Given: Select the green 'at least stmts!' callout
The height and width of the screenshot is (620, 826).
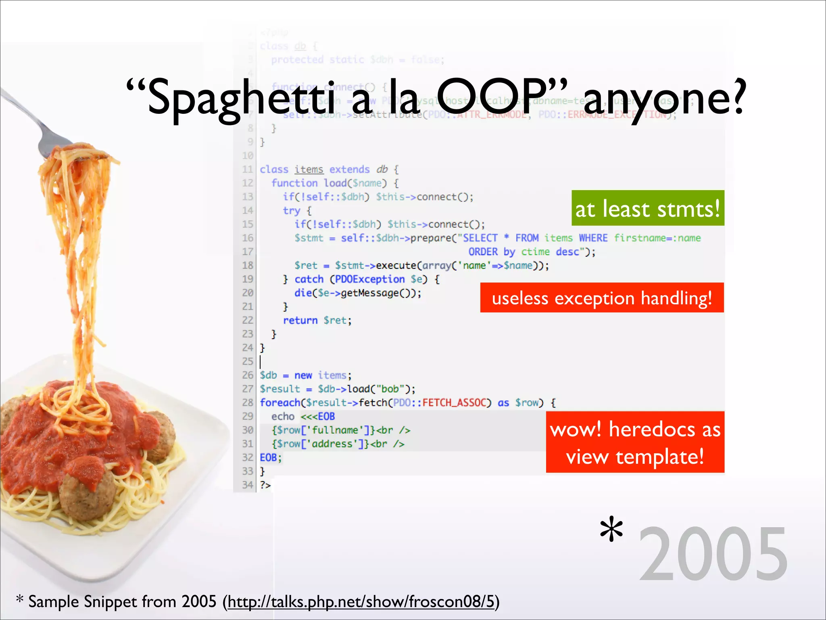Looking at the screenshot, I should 648,208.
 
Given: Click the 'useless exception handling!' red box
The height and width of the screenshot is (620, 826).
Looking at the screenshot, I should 602,298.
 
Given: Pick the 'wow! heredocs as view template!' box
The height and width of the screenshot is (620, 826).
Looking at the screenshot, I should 635,442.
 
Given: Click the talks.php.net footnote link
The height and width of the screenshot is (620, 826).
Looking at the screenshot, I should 361,601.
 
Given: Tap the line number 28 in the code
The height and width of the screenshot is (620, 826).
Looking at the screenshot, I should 248,402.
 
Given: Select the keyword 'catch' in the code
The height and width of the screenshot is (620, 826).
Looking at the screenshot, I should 309,279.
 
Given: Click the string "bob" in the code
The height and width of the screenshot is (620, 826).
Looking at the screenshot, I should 390,389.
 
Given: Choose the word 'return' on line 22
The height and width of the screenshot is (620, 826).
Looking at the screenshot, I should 300,320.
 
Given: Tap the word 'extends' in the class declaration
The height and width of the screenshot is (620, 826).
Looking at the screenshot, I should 349,170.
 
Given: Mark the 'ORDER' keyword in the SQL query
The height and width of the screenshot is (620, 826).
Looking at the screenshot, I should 483,252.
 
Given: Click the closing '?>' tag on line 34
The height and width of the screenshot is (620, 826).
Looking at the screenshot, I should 265,485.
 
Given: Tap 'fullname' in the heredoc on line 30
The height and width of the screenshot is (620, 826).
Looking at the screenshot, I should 335,430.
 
